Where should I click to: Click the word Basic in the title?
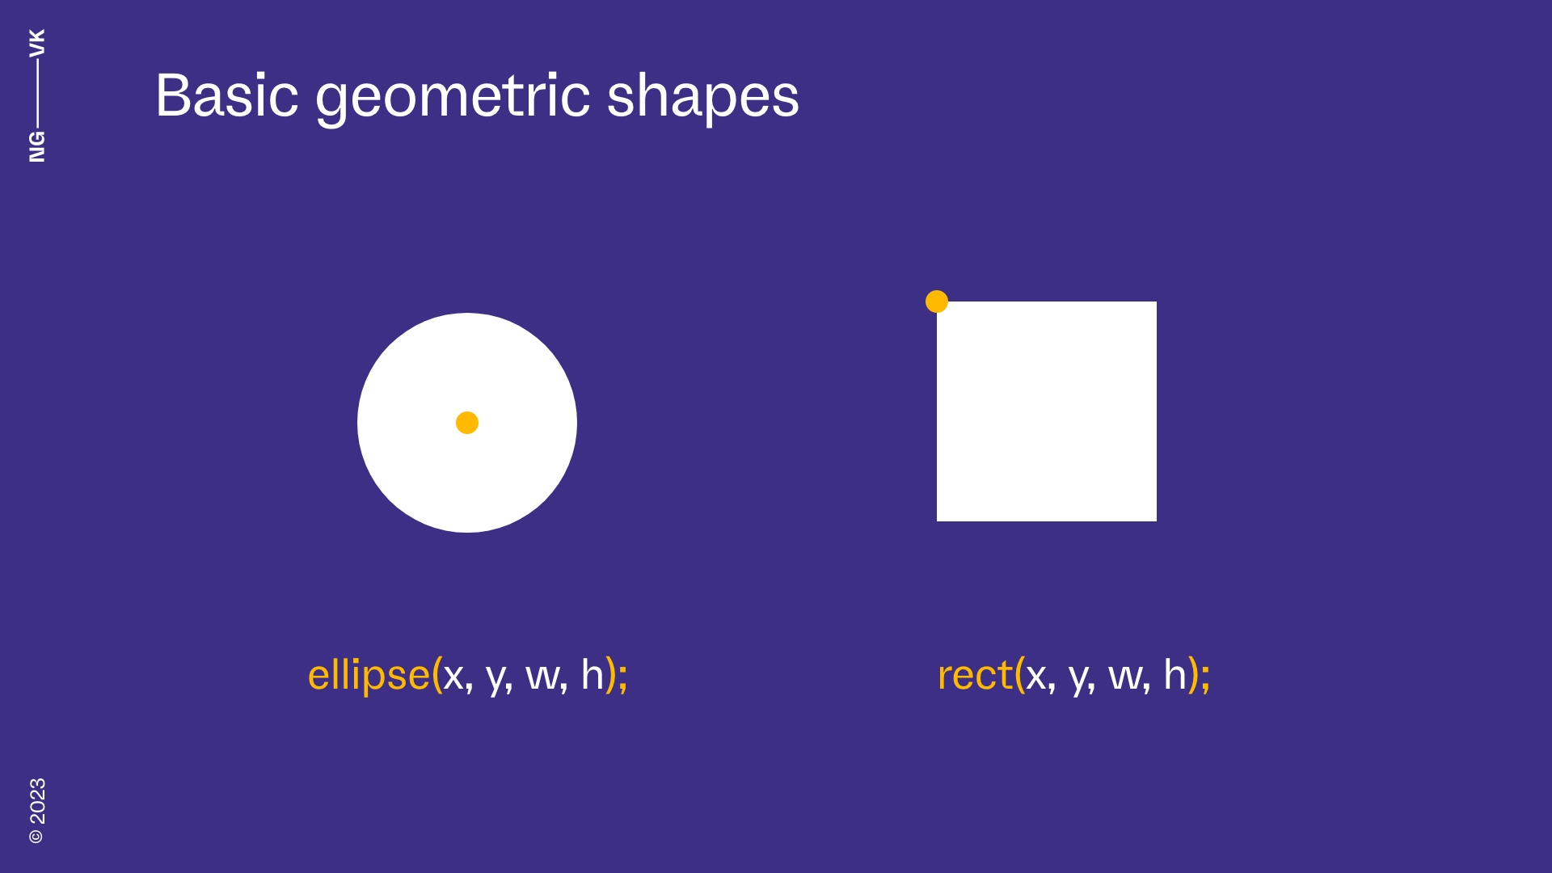click(226, 95)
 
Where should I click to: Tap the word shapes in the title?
click(702, 97)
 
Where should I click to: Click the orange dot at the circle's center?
click(467, 423)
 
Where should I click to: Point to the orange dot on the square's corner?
click(936, 302)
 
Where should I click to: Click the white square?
click(1047, 411)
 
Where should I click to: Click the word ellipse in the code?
click(369, 676)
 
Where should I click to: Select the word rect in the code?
click(974, 676)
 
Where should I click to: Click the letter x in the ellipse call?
click(453, 677)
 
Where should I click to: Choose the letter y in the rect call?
click(1079, 678)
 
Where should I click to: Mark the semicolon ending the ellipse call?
click(622, 677)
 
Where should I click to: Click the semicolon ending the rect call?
click(1205, 677)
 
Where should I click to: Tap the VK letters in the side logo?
click(37, 42)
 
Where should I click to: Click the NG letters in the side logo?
click(37, 146)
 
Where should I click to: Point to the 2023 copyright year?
click(37, 801)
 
